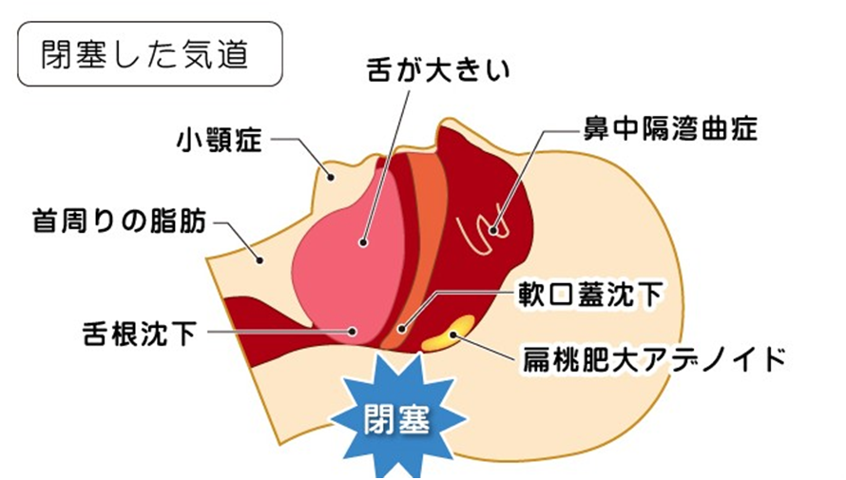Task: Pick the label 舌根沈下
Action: click(141, 333)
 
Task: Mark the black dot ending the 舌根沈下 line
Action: click(353, 332)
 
